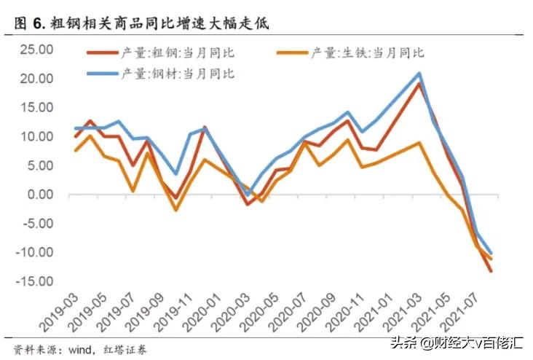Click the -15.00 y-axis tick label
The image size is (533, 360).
click(x=34, y=281)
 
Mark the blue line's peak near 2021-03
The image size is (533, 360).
click(x=419, y=73)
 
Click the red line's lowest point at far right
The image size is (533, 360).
click(x=491, y=271)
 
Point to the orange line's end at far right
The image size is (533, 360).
click(x=491, y=259)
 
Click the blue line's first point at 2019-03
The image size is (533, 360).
click(x=76, y=128)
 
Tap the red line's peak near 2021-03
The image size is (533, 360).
click(x=419, y=84)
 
